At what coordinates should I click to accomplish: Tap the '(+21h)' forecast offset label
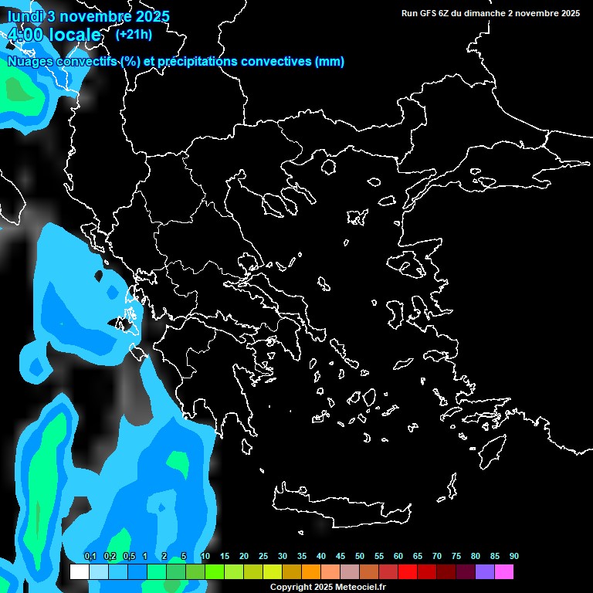point(134,35)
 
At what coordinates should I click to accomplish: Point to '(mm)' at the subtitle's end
point(330,62)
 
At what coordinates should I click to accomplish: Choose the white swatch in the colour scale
point(79,572)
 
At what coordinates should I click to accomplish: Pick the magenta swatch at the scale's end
point(503,572)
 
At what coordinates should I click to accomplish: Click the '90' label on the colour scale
point(513,557)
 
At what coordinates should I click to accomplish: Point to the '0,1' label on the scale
point(90,557)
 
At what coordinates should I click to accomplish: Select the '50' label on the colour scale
point(359,557)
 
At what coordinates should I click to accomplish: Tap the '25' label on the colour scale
point(263,557)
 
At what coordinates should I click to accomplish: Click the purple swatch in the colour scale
point(484,572)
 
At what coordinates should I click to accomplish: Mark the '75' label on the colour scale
point(456,557)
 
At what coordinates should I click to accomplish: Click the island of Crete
point(332,503)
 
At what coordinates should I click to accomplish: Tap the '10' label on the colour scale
point(205,557)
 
